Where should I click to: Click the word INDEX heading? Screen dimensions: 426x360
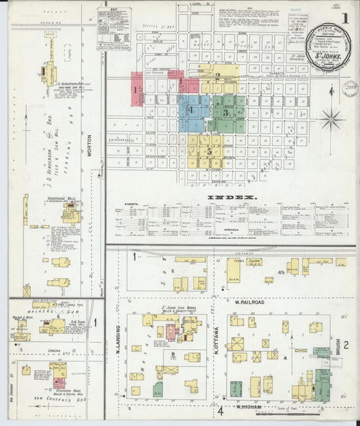[232, 197]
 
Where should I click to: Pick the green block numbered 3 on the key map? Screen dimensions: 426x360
[228, 112]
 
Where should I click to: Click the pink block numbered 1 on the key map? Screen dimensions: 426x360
[136, 89]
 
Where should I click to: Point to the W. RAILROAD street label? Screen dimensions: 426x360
[249, 303]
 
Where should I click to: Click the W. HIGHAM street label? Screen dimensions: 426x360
[249, 407]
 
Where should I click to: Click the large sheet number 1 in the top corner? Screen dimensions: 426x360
[345, 18]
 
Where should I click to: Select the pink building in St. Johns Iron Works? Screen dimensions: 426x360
[171, 331]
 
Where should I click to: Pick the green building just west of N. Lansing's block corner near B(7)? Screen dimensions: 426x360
[157, 390]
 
